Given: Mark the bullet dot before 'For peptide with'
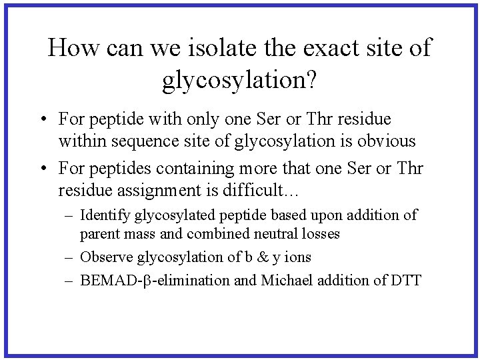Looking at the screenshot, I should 41,120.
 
